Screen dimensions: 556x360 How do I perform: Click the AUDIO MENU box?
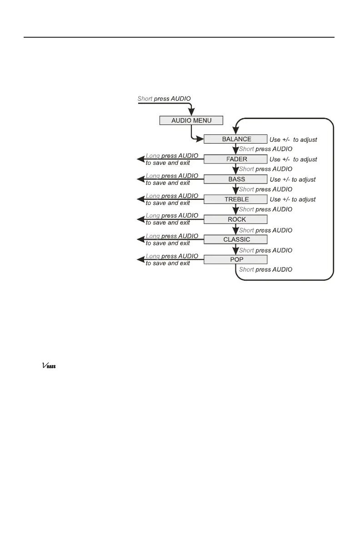coord(191,120)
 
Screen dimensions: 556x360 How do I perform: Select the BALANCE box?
coord(236,139)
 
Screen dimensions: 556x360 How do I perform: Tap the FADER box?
coord(236,159)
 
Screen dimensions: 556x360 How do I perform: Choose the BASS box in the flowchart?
coord(236,179)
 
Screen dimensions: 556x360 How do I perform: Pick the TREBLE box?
coord(236,199)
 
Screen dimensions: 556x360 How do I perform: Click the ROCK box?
coord(236,219)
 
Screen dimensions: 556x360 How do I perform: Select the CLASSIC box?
coord(236,239)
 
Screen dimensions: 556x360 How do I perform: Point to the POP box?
coord(236,259)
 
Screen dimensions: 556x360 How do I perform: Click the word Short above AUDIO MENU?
coord(145,99)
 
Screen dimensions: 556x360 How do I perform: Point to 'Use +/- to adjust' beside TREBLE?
coord(293,199)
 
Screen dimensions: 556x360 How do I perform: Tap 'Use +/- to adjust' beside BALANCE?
coord(293,139)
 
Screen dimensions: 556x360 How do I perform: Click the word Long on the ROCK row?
coord(153,216)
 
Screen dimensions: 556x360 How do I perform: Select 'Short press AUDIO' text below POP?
coord(265,269)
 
